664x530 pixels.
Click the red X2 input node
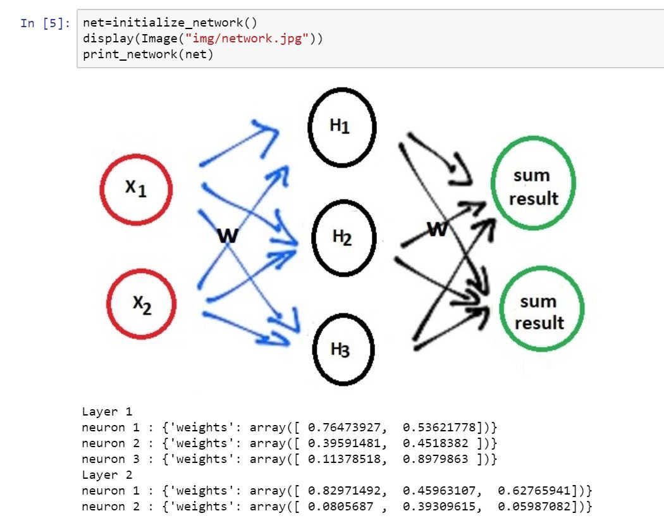tap(141, 305)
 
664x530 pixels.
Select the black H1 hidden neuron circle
tap(342, 126)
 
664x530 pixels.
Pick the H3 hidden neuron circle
tap(344, 349)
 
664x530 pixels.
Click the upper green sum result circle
tap(533, 187)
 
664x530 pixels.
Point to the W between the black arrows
tap(436, 228)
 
